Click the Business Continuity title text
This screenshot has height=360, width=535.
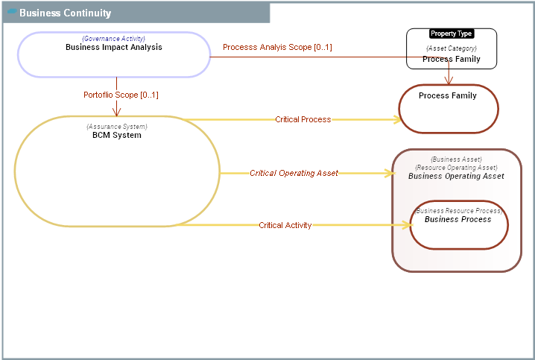(65, 13)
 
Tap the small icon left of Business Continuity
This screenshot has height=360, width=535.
(11, 12)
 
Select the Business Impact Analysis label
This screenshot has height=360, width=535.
(113, 47)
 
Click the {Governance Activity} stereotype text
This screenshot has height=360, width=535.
(113, 38)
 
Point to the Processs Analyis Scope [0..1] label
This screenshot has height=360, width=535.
(277, 47)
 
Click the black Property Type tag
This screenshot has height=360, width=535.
(452, 34)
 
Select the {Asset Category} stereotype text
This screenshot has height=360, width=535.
(452, 48)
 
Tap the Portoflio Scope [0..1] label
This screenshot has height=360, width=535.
(121, 95)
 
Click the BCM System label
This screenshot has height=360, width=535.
(117, 135)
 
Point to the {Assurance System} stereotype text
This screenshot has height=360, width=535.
(117, 127)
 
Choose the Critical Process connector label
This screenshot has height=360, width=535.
(303, 119)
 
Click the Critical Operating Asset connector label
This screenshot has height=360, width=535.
(294, 173)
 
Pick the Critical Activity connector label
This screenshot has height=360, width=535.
(285, 225)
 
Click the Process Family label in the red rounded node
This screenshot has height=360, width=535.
(448, 95)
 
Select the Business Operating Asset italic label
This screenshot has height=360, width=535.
(456, 176)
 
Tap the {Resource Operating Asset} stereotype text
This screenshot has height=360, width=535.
(456, 168)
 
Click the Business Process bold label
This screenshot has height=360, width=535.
(458, 219)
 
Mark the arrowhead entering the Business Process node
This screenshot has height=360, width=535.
(405, 225)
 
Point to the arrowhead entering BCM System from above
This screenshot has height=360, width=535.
(117, 112)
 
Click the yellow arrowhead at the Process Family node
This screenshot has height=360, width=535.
(395, 119)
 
